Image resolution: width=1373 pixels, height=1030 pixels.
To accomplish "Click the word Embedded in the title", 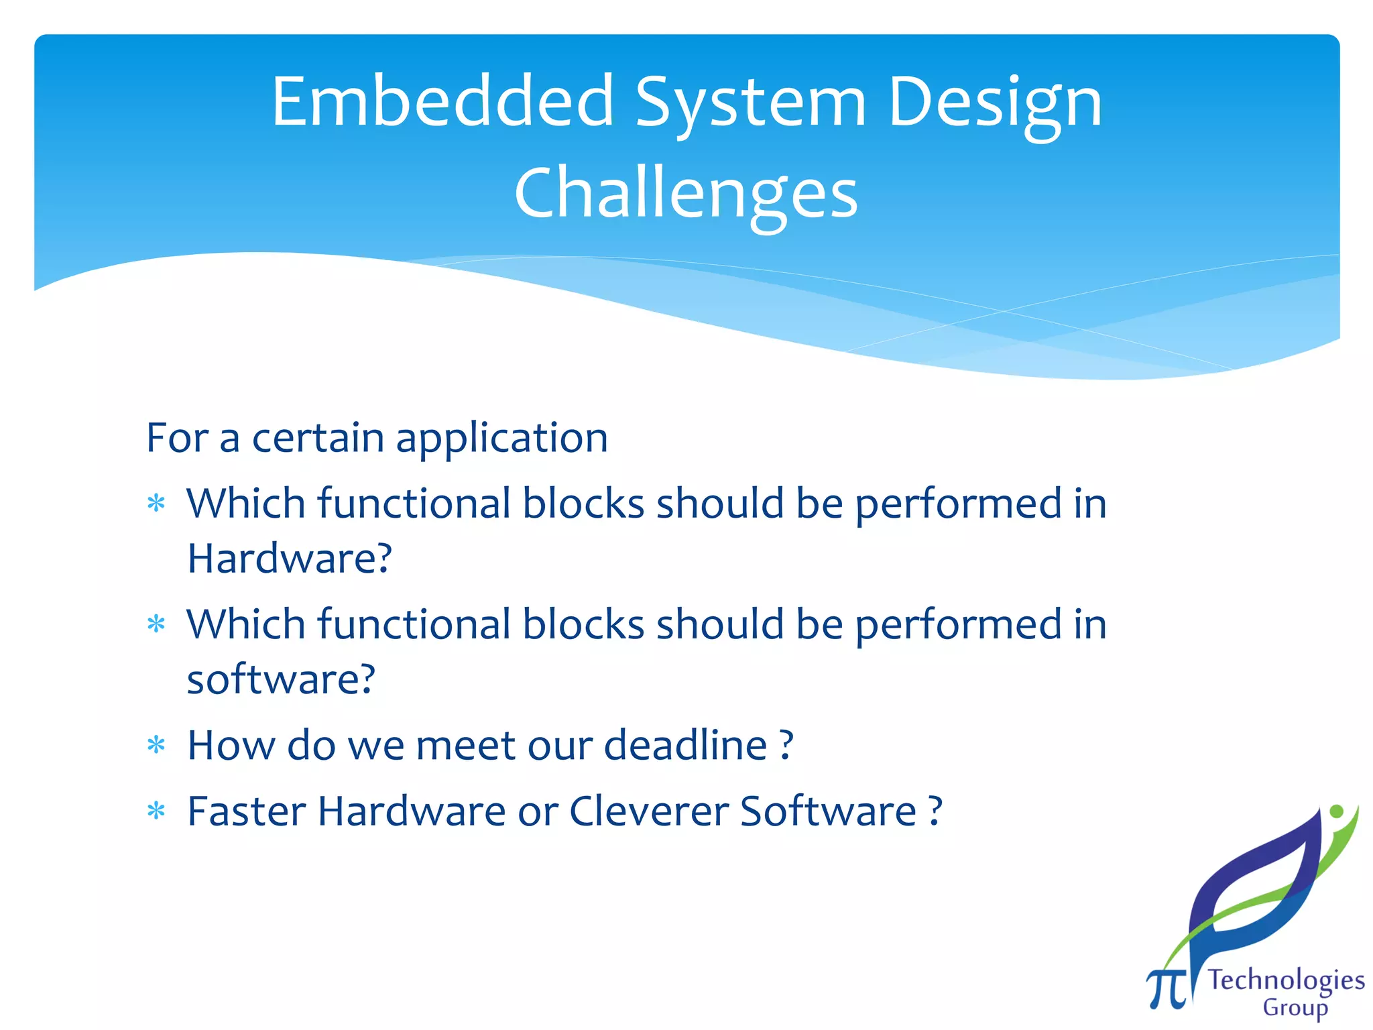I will pos(442,102).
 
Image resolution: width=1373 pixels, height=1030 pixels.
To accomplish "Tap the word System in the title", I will pos(750,104).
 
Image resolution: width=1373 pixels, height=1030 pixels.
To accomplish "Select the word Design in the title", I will pos(995,104).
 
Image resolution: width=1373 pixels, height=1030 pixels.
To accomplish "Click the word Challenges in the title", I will pos(686,194).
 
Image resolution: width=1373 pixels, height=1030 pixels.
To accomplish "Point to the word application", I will pos(501,439).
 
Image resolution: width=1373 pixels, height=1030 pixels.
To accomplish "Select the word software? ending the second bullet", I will pos(281,679).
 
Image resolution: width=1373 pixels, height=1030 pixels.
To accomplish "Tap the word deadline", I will pos(685,745).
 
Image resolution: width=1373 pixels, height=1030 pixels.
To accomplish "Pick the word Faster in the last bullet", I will pos(246,811).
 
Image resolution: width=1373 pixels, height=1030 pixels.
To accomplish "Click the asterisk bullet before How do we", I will pos(156,746).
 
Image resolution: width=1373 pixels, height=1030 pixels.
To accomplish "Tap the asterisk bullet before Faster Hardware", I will pos(156,812).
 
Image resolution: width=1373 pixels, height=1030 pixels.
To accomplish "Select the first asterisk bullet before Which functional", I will pos(156,504).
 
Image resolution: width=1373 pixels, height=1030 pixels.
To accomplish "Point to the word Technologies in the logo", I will pos(1286,980).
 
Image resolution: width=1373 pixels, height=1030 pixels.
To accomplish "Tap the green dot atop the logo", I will pos(1335,811).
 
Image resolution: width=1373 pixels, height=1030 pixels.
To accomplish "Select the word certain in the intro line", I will pos(318,439).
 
